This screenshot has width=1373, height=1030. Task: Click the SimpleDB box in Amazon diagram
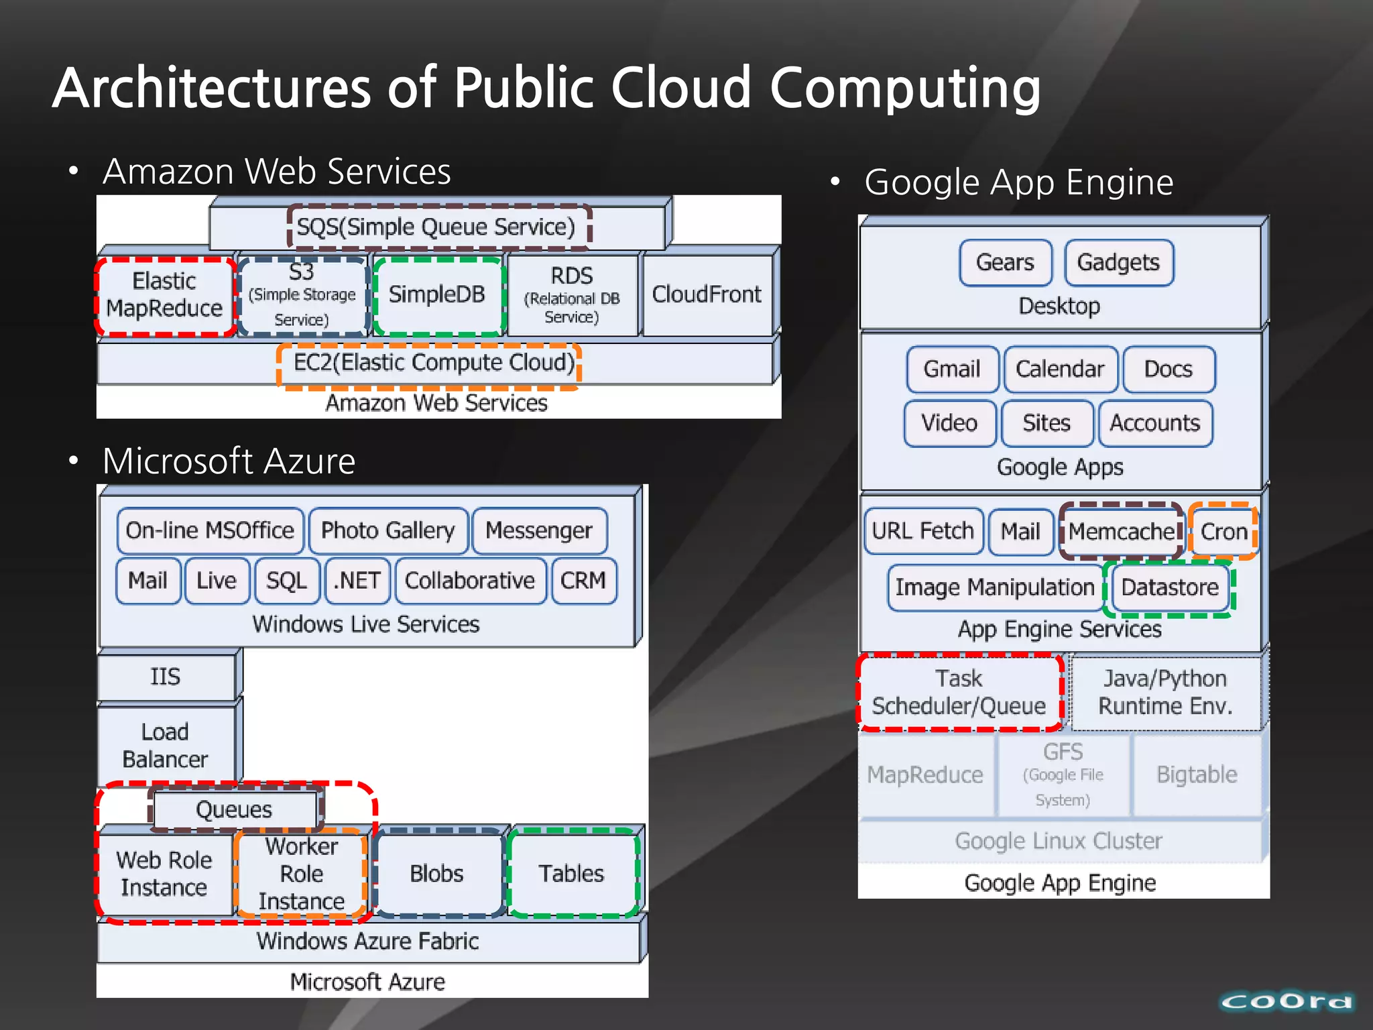coord(437,295)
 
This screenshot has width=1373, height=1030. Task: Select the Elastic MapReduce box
coord(164,295)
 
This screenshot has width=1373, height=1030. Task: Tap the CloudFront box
coord(707,295)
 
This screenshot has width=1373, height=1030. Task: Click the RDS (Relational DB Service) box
coord(572,295)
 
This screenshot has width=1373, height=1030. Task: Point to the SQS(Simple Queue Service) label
coord(436,227)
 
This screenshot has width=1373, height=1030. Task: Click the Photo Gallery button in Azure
coord(388,530)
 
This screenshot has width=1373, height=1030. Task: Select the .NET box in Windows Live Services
coord(357,581)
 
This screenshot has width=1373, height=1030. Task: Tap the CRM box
coord(583,581)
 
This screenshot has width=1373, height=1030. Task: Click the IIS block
coord(166,677)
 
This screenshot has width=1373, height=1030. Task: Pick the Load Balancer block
coord(166,745)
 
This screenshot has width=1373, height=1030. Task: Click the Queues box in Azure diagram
coord(234,810)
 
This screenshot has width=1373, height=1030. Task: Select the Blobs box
coord(437,874)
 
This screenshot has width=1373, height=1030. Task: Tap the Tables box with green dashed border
coord(572,874)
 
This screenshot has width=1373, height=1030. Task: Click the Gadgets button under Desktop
coord(1118,262)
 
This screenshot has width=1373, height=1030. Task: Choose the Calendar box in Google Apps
coord(1060,369)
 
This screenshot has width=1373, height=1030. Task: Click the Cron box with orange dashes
coord(1223,532)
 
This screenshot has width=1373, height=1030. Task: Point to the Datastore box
coord(1170,587)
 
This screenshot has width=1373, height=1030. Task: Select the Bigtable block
coord(1197,775)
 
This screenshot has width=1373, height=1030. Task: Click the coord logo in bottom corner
coord(1286,1002)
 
